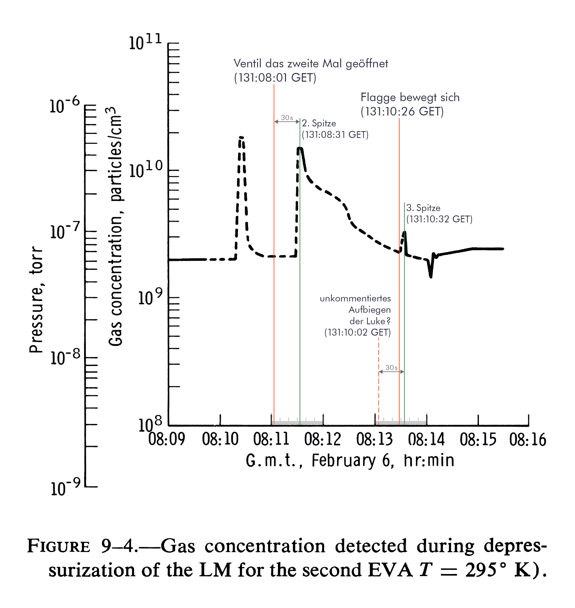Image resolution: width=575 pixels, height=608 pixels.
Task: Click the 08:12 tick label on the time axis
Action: click(x=322, y=439)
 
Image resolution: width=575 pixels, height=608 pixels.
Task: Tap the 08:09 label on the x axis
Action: click(x=167, y=439)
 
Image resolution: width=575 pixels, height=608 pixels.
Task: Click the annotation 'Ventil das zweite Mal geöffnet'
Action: click(x=311, y=64)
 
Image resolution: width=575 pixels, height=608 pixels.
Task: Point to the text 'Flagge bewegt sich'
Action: click(x=410, y=97)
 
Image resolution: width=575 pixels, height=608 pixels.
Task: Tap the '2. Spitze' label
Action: click(x=319, y=123)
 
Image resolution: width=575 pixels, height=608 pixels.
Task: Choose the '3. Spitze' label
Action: click(x=423, y=208)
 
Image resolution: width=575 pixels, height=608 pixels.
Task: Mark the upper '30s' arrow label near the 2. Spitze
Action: click(x=287, y=118)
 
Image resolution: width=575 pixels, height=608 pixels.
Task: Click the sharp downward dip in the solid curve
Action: click(x=431, y=276)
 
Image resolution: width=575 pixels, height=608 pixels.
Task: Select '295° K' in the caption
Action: click(x=500, y=570)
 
